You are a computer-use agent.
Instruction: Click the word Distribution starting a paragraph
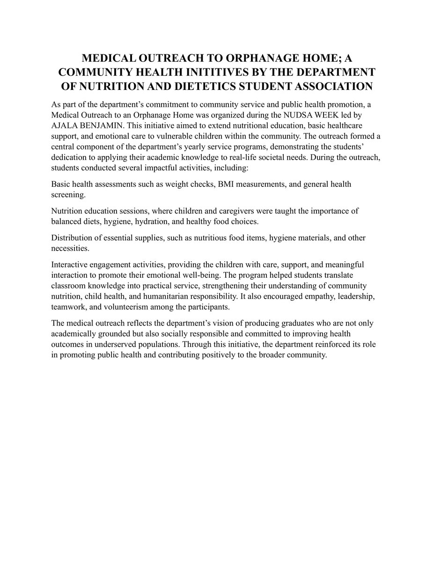(73, 238)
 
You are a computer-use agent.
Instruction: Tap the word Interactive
(70, 265)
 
